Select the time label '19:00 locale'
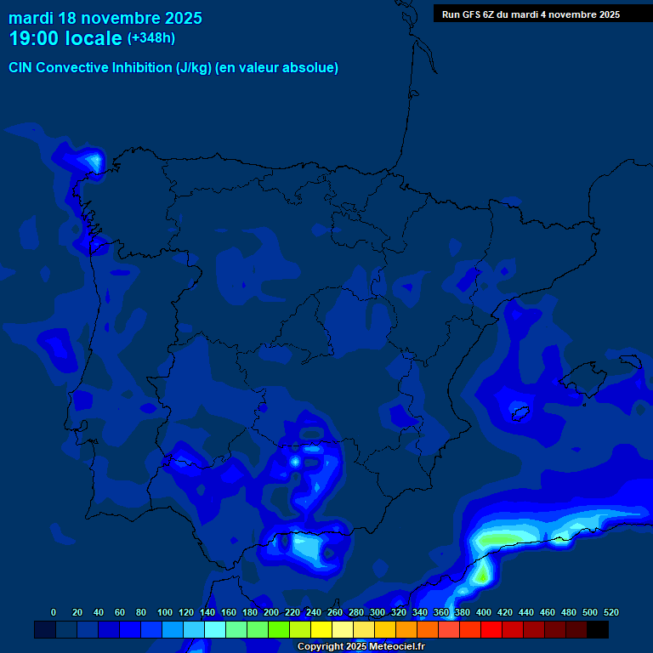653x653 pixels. click(65, 38)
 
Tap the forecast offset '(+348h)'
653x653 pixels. click(151, 38)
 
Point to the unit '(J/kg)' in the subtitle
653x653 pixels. click(194, 68)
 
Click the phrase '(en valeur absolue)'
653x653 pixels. click(277, 68)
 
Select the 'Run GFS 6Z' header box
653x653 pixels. click(531, 14)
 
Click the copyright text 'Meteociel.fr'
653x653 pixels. click(390, 647)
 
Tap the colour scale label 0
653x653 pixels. click(54, 612)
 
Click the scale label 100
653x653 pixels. click(165, 612)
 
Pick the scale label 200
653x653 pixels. click(271, 612)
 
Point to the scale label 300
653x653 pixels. click(378, 612)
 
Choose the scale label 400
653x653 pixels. click(484, 612)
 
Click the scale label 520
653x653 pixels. click(611, 612)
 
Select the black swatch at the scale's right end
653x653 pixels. click(598, 629)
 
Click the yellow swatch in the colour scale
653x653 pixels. click(321, 629)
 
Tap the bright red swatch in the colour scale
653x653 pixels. click(491, 629)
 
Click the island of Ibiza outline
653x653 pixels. click(518, 412)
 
